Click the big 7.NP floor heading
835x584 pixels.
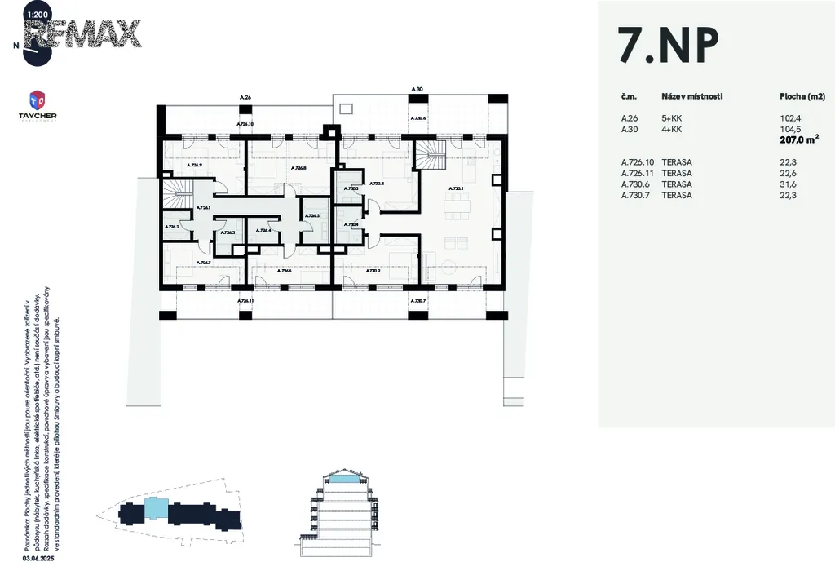coord(669,46)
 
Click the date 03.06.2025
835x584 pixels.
coord(38,559)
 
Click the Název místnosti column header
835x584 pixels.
coord(692,96)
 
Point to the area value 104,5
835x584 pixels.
coord(792,129)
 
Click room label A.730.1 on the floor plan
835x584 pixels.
coord(457,188)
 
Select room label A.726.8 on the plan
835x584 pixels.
coord(298,168)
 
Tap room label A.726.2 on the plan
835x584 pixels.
coord(172,227)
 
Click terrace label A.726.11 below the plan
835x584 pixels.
coord(245,301)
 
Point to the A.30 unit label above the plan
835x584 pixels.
coord(417,88)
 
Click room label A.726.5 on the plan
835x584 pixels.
coord(312,216)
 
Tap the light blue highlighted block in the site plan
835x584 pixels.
coord(157,510)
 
